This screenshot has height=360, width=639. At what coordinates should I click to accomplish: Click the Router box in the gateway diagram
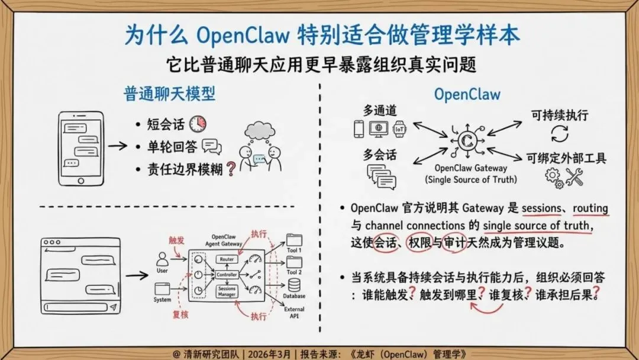tap(227, 259)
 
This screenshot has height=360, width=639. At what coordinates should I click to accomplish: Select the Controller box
tap(227, 275)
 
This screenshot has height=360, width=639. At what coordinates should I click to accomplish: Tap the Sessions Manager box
tap(227, 291)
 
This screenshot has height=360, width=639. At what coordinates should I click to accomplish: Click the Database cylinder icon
tap(293, 285)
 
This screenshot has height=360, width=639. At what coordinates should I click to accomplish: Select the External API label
tap(294, 313)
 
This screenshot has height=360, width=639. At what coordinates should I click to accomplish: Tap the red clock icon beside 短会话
tap(198, 124)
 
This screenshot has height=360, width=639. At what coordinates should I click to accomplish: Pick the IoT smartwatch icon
tap(401, 128)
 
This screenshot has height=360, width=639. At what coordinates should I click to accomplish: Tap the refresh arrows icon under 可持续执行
tap(559, 133)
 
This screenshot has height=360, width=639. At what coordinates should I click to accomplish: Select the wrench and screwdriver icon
tap(575, 176)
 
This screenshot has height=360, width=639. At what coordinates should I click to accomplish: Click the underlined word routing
tap(590, 208)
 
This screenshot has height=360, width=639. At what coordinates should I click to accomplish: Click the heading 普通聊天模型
tap(169, 94)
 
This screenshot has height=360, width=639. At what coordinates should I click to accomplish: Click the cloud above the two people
tap(260, 129)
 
